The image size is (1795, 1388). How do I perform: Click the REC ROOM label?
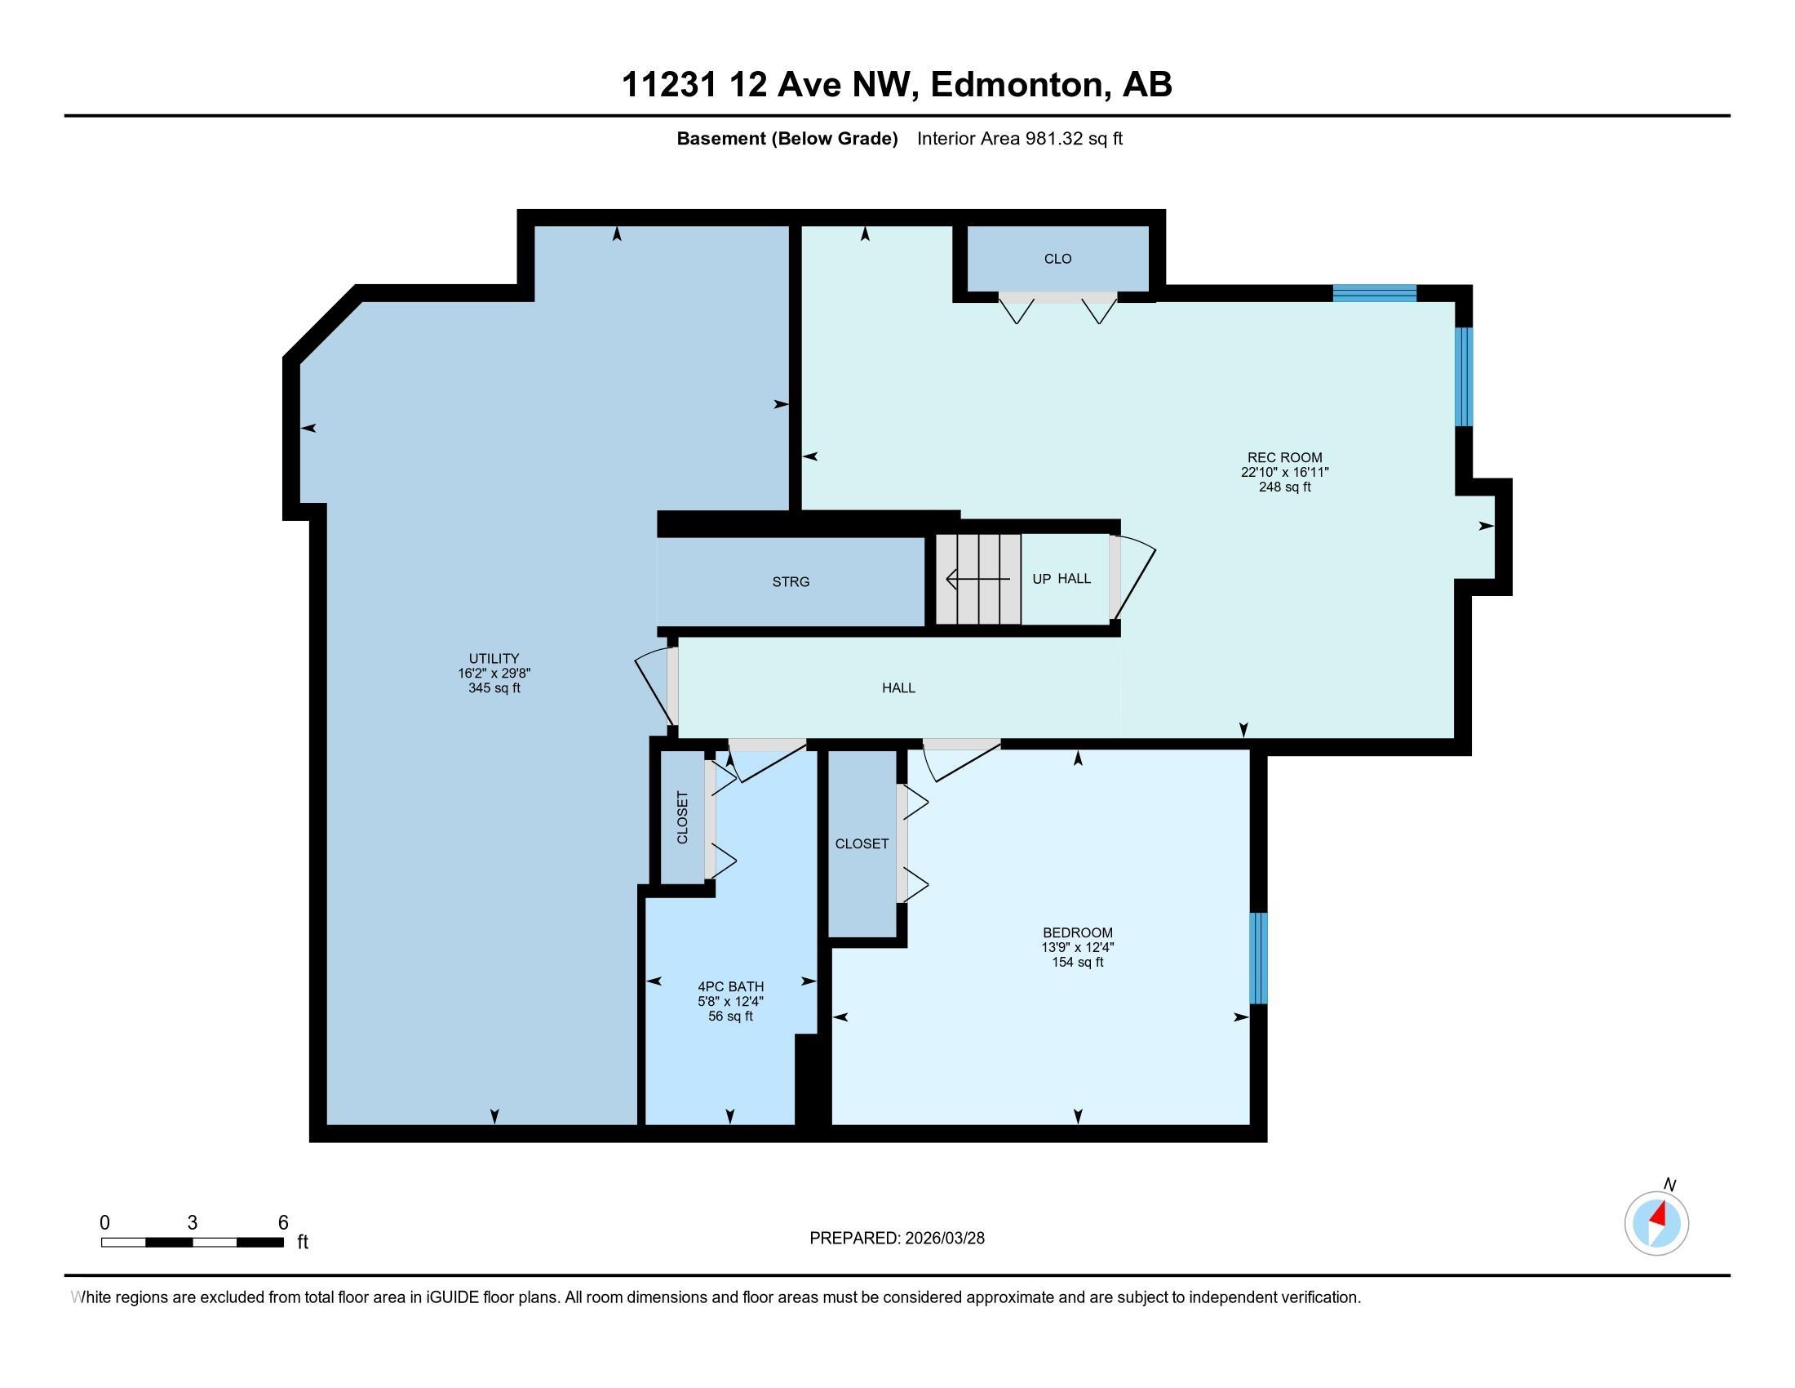[1283, 458]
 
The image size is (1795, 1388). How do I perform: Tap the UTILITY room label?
[494, 658]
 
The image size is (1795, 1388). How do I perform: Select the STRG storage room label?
[791, 582]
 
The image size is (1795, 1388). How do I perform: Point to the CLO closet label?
[1057, 259]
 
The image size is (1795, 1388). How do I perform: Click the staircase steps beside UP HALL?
[978, 579]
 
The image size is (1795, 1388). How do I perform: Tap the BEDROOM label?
[1077, 932]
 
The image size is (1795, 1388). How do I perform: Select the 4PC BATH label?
[730, 987]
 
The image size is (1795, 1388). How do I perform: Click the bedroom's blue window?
[1257, 958]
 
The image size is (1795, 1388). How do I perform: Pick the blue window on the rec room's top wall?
[1374, 293]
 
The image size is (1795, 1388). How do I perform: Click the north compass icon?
[1656, 1222]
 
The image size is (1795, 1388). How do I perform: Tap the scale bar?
[193, 1242]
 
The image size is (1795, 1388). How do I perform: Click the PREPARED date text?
[897, 1239]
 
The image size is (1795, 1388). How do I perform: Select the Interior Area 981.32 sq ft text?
[1019, 139]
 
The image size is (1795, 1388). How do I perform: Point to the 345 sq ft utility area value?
[494, 688]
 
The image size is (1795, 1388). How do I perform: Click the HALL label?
[898, 688]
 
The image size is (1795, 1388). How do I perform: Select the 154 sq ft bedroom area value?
[1077, 962]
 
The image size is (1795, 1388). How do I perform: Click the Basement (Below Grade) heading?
[787, 139]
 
